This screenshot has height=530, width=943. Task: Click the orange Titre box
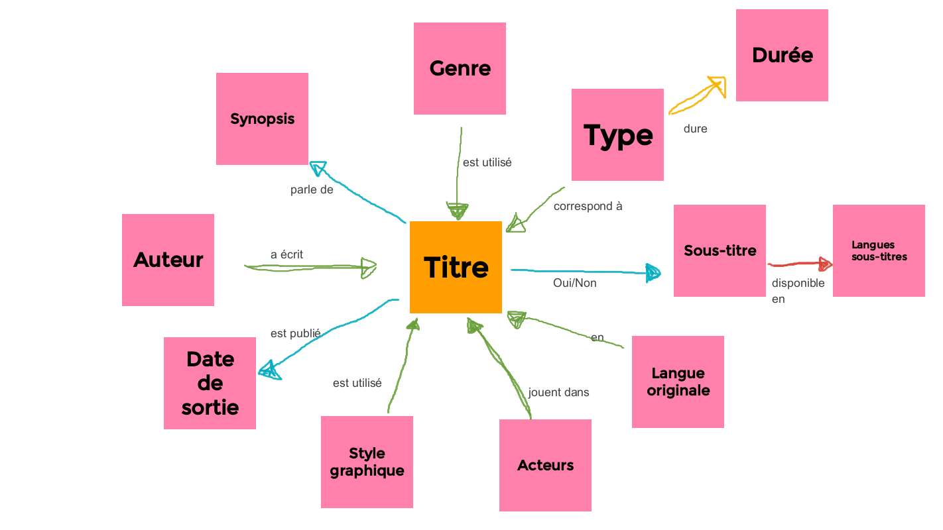(456, 267)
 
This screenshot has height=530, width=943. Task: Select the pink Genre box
(460, 69)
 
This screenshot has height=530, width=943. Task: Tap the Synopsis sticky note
(262, 119)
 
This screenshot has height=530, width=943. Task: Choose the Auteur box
(168, 260)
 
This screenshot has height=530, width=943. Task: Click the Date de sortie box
(210, 383)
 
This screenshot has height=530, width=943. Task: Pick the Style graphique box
(367, 462)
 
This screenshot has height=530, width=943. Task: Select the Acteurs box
(545, 465)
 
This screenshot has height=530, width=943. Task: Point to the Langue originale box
(678, 382)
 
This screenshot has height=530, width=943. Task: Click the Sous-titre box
(720, 250)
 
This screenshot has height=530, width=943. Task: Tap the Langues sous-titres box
(879, 250)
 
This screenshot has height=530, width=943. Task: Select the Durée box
(782, 55)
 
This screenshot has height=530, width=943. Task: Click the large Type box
(617, 134)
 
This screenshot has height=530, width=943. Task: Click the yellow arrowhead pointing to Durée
(717, 85)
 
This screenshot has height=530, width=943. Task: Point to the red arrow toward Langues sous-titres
(800, 264)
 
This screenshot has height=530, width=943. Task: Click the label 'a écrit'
(286, 254)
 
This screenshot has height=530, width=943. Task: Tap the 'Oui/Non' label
(574, 283)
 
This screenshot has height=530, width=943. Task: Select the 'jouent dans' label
(558, 392)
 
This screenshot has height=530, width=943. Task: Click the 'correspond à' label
(588, 206)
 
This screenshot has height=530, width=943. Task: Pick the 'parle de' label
(312, 190)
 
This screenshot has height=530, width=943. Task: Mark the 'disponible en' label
(798, 290)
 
